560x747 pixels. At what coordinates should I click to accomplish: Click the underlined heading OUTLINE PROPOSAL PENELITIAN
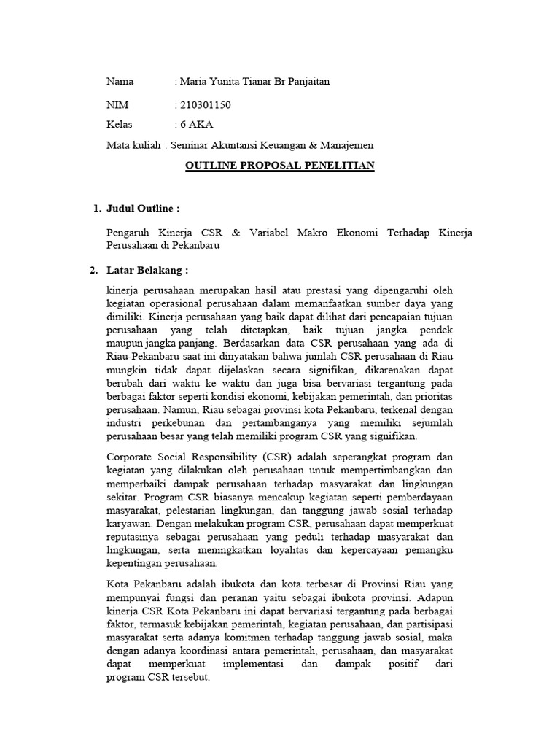(280, 166)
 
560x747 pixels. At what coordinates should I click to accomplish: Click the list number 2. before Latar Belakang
(94, 271)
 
